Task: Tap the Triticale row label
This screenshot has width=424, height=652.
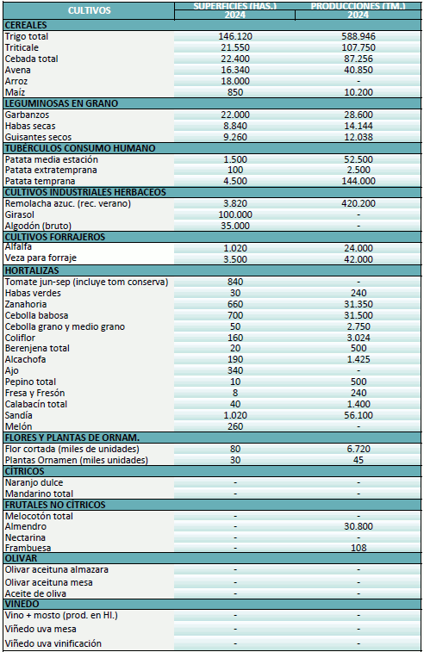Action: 23,47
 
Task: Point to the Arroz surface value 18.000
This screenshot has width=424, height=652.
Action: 235,80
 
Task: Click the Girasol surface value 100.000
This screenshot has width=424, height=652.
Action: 235,214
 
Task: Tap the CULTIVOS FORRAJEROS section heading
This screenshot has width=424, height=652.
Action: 55,236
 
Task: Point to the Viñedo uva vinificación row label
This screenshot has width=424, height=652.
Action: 53,643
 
